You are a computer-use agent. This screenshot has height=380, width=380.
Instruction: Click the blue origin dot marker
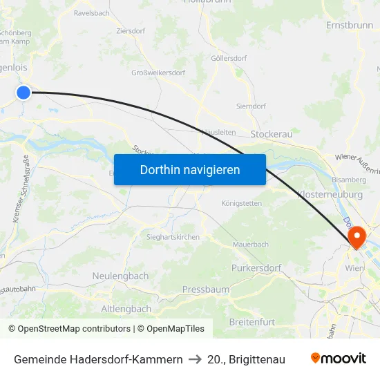(23, 92)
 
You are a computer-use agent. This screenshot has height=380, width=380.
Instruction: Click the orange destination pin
(357, 236)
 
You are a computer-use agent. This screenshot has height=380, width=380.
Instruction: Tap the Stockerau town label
(272, 133)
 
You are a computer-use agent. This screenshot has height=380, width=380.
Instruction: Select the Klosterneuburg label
(330, 195)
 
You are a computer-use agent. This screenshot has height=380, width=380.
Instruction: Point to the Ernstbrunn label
(349, 25)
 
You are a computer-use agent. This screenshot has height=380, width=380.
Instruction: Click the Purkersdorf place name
(256, 267)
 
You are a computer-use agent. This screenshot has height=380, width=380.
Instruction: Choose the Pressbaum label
(205, 289)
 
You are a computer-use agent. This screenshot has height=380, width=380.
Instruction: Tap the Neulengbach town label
(120, 276)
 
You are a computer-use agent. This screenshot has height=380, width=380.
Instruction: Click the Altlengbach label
(126, 308)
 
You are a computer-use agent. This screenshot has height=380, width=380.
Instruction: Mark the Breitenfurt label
(251, 322)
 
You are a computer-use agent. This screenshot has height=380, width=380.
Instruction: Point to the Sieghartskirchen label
(173, 237)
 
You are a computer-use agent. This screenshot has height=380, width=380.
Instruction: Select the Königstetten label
(241, 204)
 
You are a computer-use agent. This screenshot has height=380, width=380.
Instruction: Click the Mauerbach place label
(250, 244)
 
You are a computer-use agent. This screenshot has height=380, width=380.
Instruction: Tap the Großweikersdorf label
(158, 73)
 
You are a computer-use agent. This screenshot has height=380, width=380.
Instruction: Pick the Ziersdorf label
(130, 31)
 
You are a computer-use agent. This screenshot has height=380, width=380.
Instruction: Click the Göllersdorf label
(229, 59)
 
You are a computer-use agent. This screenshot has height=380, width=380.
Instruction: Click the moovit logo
(338, 359)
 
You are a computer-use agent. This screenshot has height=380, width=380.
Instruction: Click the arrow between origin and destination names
(195, 359)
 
